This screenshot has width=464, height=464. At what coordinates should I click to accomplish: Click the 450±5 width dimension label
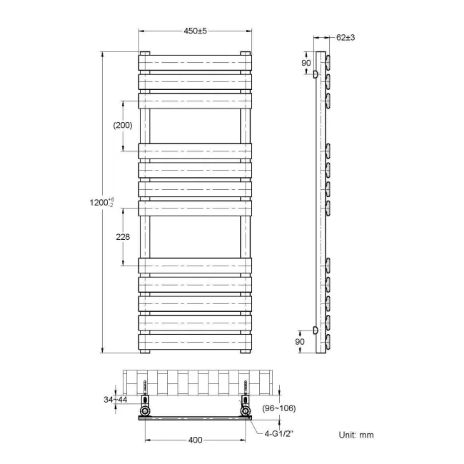[x=195, y=31]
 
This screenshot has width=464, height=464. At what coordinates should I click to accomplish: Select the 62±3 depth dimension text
[x=345, y=37]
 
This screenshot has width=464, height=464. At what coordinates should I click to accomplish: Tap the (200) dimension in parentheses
[x=123, y=125]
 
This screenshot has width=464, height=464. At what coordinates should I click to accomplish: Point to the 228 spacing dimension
[x=122, y=237]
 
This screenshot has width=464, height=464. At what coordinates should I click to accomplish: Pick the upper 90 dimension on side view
[x=306, y=64]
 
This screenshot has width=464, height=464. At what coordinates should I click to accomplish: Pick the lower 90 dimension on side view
[x=301, y=342]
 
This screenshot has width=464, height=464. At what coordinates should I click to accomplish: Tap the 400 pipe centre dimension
[x=195, y=440]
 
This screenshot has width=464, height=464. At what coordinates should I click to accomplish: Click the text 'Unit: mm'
[x=355, y=435]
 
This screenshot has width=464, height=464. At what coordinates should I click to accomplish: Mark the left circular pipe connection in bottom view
[x=146, y=413]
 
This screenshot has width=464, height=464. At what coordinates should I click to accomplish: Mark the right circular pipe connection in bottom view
[x=247, y=413]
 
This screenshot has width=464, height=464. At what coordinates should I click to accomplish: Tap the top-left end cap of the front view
[x=145, y=53]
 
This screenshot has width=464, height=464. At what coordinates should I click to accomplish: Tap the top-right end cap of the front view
[x=246, y=53]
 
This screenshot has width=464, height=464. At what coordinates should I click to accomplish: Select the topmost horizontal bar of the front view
[x=195, y=62]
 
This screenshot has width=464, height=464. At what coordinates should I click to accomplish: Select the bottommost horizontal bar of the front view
[x=195, y=341]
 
